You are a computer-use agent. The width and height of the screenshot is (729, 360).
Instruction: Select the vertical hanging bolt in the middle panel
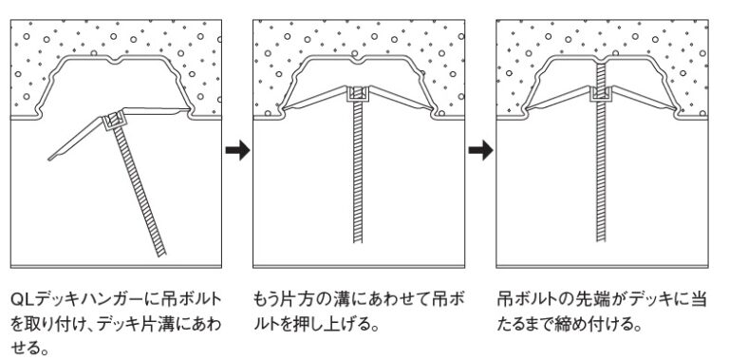pos(358,180)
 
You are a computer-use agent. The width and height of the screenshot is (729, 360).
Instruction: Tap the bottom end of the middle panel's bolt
pos(358,250)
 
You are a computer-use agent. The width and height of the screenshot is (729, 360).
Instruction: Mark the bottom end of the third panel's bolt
pos(602,250)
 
